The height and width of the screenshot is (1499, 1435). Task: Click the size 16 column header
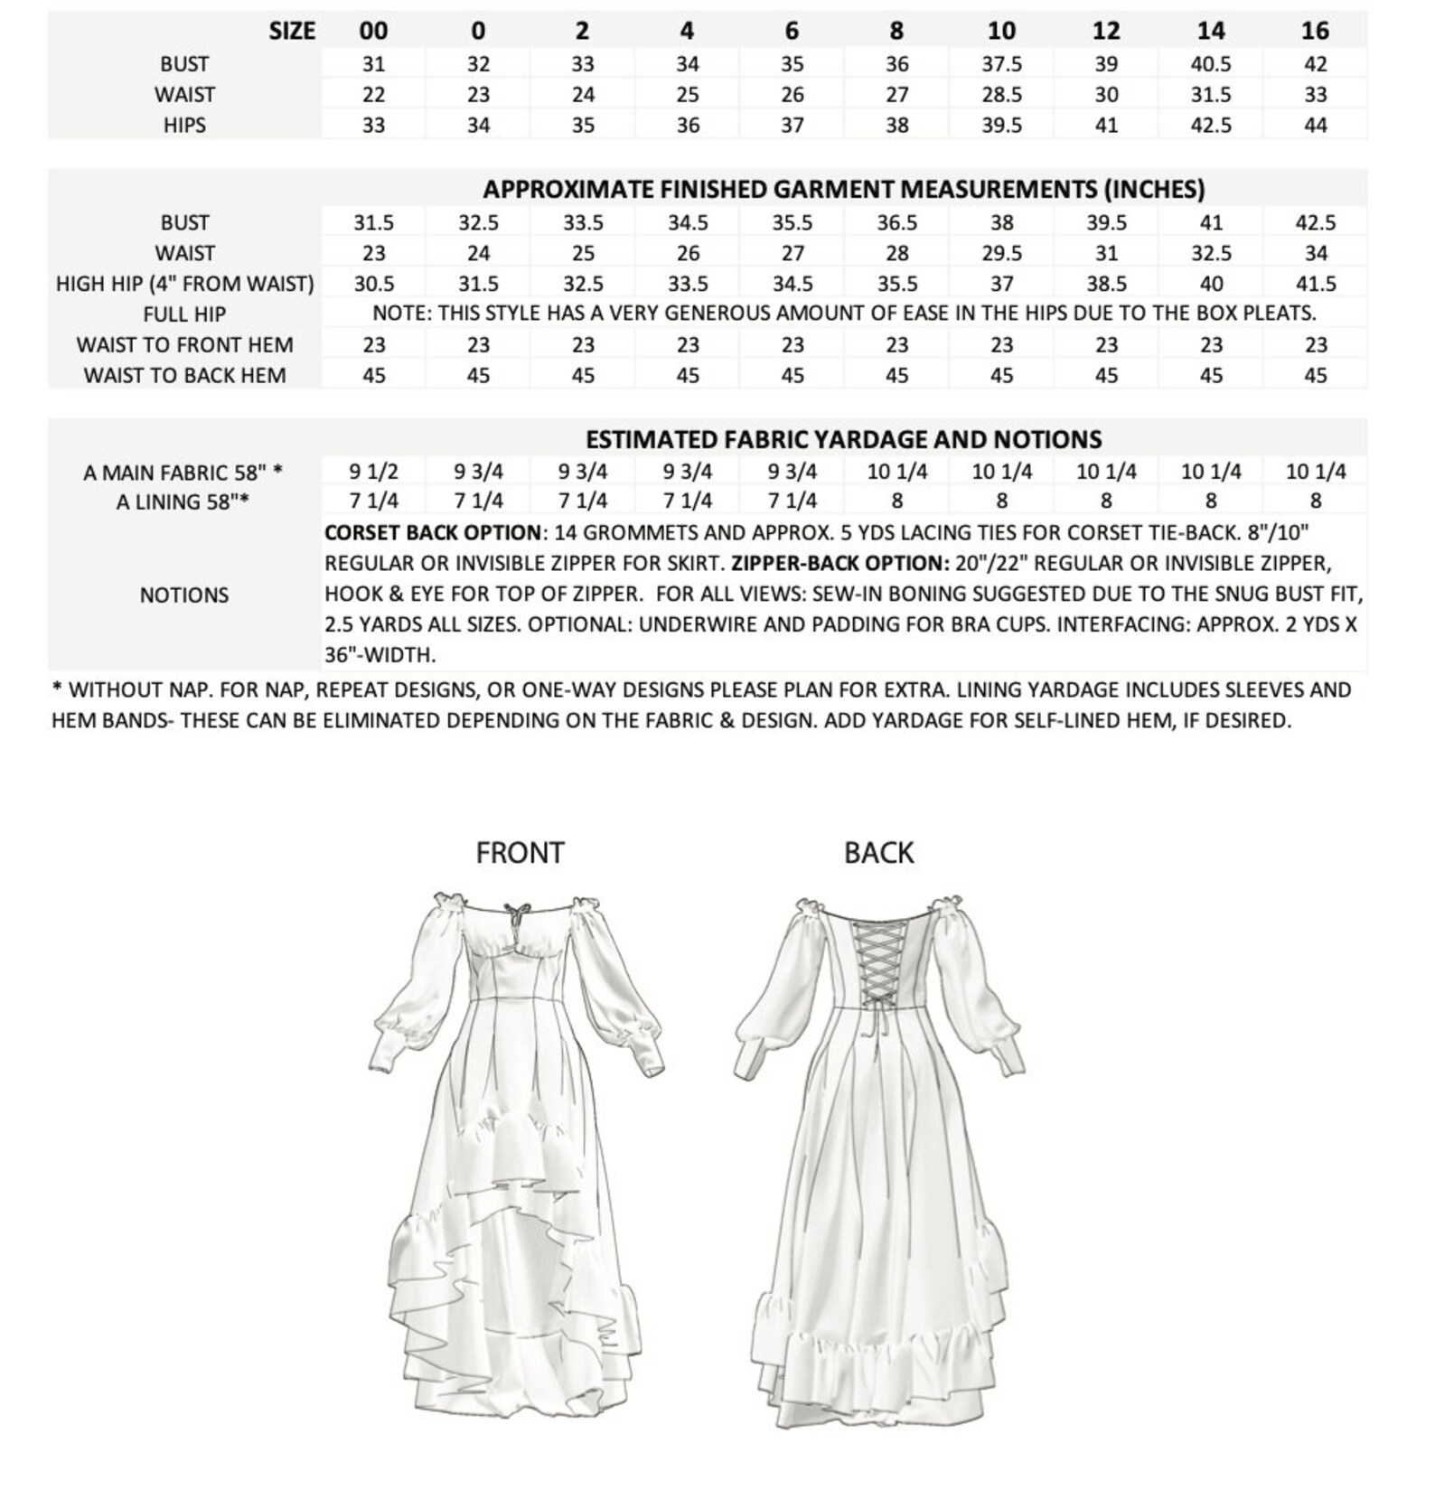pos(1315,31)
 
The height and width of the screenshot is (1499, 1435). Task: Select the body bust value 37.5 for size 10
pos(1001,64)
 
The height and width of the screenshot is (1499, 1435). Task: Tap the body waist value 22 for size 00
pos(373,95)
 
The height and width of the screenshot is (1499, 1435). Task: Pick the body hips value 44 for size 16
pos(1315,126)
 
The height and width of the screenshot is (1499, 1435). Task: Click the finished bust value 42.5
pos(1315,222)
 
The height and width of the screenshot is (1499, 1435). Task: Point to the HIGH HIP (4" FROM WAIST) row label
pos(184,284)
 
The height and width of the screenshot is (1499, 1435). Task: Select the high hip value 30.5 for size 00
pos(373,284)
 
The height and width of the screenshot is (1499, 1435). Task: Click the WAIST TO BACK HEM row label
pos(184,375)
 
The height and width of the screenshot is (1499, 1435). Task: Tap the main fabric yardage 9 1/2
pos(373,472)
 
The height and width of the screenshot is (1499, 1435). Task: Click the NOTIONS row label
pos(184,595)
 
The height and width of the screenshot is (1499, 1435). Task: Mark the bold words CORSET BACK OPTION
pos(433,532)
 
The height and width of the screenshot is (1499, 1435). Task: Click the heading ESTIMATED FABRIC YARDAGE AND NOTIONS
pos(843,439)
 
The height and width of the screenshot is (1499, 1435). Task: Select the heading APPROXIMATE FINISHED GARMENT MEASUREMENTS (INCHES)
pos(843,190)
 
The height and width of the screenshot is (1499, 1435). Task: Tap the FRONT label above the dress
pos(520,852)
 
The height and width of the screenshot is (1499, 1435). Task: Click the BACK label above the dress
pos(878,852)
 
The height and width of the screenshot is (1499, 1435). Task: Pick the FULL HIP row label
pos(184,314)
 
